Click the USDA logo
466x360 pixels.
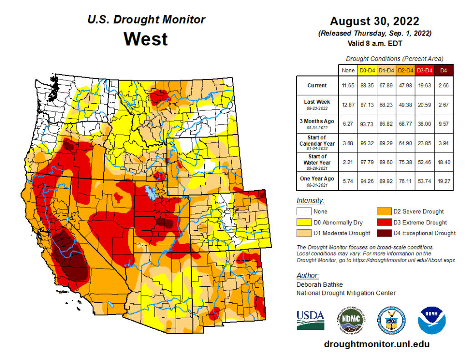tap(310, 320)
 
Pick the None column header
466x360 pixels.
tap(348, 71)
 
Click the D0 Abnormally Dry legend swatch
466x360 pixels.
tap(304, 223)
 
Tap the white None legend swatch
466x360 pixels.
tap(304, 212)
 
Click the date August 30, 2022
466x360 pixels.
tap(375, 21)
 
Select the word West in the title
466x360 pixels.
tap(146, 39)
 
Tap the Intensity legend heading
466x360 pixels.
tap(310, 200)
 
